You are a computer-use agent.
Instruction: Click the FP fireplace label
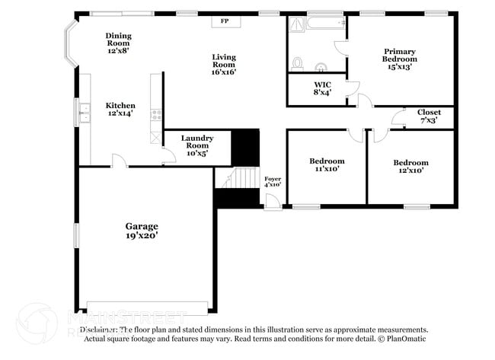click(x=225, y=21)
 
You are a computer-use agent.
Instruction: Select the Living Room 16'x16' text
click(x=224, y=65)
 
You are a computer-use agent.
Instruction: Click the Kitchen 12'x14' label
click(x=120, y=110)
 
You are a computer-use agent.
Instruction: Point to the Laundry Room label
click(x=196, y=145)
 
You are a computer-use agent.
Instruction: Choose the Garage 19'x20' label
click(x=142, y=231)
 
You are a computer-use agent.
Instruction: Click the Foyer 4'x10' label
click(x=273, y=181)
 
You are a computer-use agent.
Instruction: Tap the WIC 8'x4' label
click(x=322, y=89)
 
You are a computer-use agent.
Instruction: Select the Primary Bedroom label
click(x=400, y=59)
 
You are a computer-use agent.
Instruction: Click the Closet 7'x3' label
click(x=428, y=116)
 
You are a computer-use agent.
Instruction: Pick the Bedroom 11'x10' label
click(x=327, y=165)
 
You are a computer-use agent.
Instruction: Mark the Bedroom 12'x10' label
click(x=410, y=166)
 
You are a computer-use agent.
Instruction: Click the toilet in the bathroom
click(x=299, y=62)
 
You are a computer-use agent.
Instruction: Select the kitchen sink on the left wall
click(x=81, y=116)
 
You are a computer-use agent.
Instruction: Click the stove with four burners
click(x=156, y=116)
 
